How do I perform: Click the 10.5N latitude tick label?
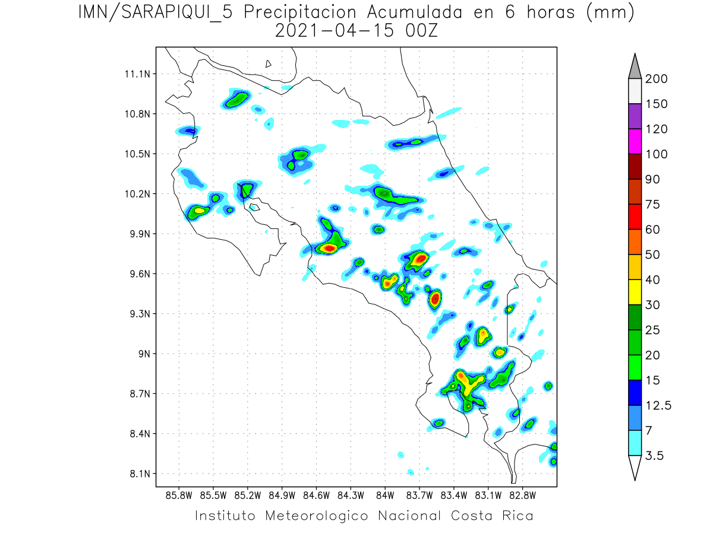[x=137, y=154]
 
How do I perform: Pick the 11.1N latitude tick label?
[x=137, y=74]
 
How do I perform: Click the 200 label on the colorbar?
[x=657, y=79]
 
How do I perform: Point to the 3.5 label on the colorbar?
[x=654, y=456]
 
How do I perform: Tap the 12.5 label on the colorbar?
[x=657, y=406]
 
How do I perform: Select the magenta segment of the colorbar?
[x=635, y=141]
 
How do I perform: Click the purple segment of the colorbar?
[x=635, y=116]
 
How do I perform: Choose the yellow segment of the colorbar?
[x=635, y=292]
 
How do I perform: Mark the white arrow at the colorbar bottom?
[x=635, y=468]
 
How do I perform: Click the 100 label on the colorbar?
[x=657, y=154]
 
